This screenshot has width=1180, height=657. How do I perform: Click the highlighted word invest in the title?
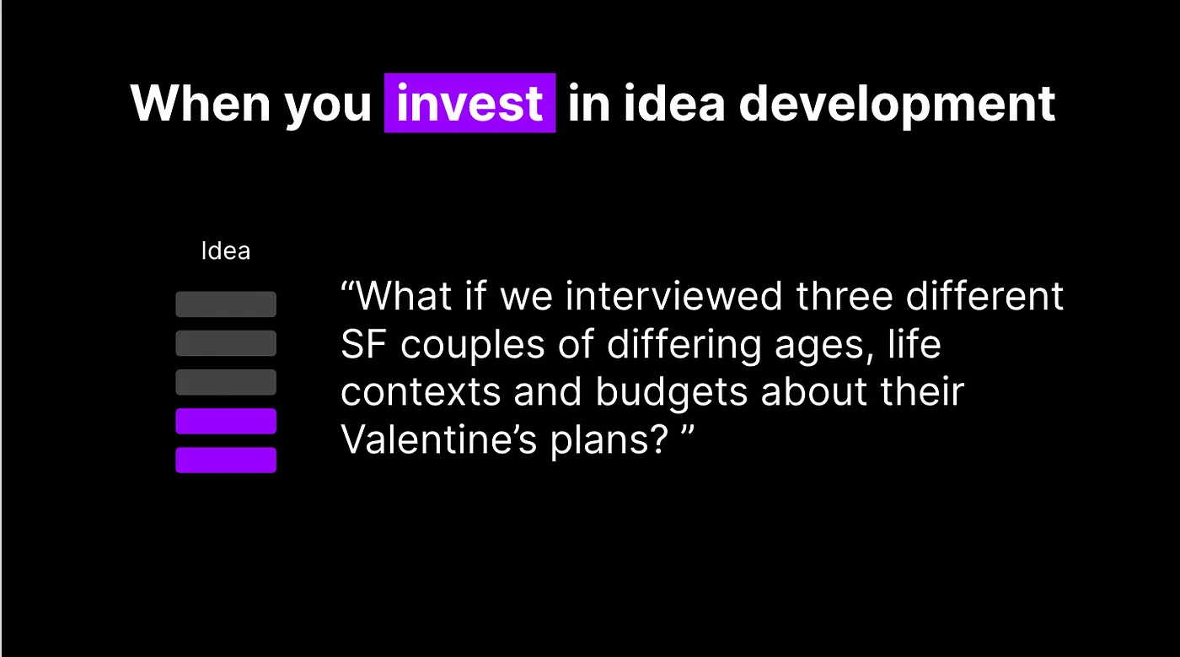(x=469, y=104)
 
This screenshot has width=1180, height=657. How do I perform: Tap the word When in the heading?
(x=201, y=104)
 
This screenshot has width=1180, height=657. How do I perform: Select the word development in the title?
(x=897, y=105)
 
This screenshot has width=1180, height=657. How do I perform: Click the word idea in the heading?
(x=674, y=104)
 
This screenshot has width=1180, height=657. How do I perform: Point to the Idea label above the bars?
(x=226, y=251)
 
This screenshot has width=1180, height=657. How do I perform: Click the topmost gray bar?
(x=226, y=304)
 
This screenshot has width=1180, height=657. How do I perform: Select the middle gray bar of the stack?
(x=226, y=343)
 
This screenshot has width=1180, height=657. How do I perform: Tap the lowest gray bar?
(x=226, y=382)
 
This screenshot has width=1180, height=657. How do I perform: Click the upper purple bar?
(x=226, y=422)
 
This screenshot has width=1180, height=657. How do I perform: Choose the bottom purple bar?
(x=226, y=460)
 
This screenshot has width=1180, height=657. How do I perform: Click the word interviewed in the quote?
(x=673, y=296)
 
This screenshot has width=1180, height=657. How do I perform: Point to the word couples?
(x=473, y=347)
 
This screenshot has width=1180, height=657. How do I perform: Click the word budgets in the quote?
(x=672, y=393)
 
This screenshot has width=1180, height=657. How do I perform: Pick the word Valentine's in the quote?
(x=438, y=439)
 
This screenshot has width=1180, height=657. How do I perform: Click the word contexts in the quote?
(x=421, y=393)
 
